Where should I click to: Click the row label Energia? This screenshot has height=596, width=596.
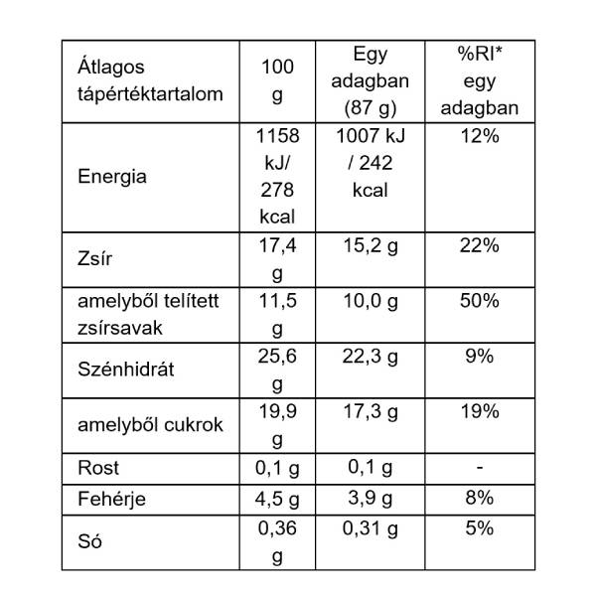(x=112, y=177)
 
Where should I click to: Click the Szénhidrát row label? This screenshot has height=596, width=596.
(x=125, y=370)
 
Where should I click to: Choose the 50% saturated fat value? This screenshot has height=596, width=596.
(x=479, y=300)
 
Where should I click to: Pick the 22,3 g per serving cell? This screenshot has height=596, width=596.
(x=370, y=356)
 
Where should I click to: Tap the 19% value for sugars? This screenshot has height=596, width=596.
(x=479, y=410)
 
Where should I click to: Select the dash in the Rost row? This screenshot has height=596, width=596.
(x=479, y=466)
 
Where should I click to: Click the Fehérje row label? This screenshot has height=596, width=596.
(x=111, y=499)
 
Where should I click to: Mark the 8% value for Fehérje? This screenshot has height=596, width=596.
(x=479, y=499)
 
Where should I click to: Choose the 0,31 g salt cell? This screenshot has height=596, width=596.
(x=370, y=528)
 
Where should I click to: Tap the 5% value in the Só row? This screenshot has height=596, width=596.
(x=479, y=528)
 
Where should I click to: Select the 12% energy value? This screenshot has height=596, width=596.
(x=479, y=136)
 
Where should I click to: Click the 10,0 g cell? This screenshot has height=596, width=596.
(x=370, y=300)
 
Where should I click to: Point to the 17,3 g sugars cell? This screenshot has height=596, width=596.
(x=370, y=410)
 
